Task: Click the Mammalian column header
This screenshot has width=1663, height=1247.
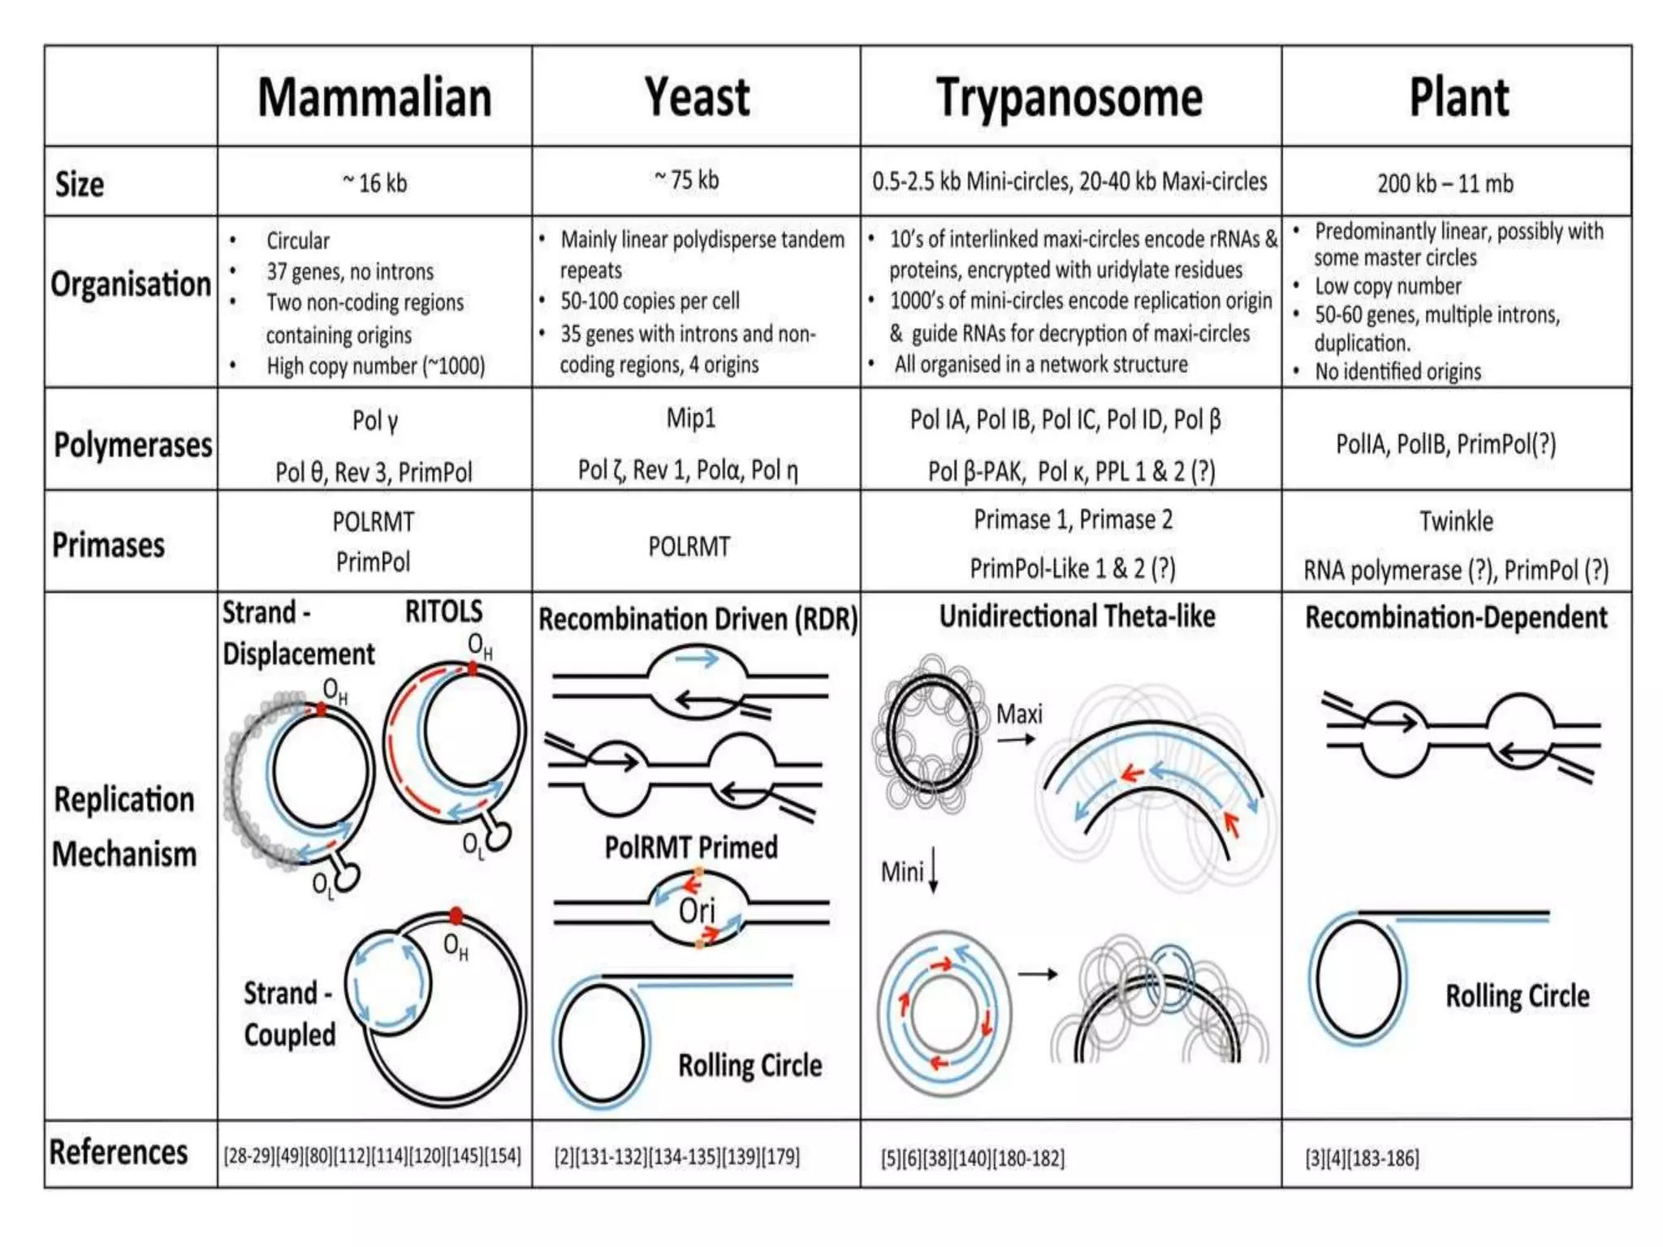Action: pyautogui.click(x=374, y=98)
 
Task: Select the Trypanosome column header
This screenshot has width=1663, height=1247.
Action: pyautogui.click(x=1069, y=98)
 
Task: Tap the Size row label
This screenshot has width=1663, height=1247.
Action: pyautogui.click(x=80, y=184)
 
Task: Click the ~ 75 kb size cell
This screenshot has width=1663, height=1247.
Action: pyautogui.click(x=687, y=179)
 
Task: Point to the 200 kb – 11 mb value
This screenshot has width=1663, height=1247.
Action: pyautogui.click(x=1445, y=183)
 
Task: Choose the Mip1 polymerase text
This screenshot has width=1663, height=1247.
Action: pyautogui.click(x=691, y=419)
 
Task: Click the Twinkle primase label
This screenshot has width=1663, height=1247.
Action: pyautogui.click(x=1456, y=521)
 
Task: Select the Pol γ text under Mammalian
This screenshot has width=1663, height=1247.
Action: pyautogui.click(x=375, y=421)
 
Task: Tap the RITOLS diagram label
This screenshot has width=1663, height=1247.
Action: pyautogui.click(x=443, y=611)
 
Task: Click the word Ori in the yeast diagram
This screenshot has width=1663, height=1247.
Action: pyautogui.click(x=697, y=911)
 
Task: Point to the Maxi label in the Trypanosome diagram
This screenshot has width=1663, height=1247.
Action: pyautogui.click(x=1019, y=714)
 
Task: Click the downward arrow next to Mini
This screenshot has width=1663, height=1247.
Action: pyautogui.click(x=934, y=870)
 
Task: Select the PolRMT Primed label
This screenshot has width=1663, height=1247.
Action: pyautogui.click(x=691, y=848)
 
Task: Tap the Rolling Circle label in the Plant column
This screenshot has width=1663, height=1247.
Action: pyautogui.click(x=1517, y=995)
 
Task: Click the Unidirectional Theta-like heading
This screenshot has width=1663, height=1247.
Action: pyautogui.click(x=1077, y=617)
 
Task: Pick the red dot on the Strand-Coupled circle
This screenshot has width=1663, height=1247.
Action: pyautogui.click(x=456, y=916)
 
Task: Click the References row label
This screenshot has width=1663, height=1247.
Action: pyautogui.click(x=119, y=1153)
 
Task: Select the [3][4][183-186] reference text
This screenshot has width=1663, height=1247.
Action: pyautogui.click(x=1362, y=1159)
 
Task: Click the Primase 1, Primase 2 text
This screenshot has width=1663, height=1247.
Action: pyautogui.click(x=1073, y=520)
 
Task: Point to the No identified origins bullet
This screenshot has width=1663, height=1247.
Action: pyautogui.click(x=1397, y=372)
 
